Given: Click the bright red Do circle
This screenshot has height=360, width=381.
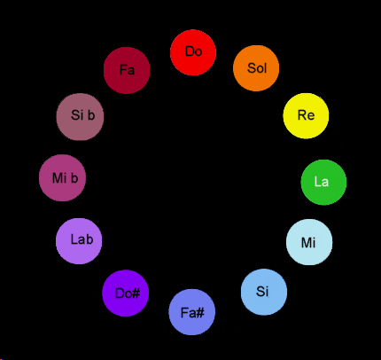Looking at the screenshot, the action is [193, 52].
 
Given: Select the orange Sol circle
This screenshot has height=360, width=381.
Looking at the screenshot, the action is [256, 68].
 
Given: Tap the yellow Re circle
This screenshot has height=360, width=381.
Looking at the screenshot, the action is [306, 116].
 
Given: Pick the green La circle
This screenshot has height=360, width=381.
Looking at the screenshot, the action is [323, 183].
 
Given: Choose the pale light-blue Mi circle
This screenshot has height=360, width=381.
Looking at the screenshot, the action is [309, 242].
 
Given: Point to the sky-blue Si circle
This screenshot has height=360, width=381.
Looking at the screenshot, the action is [264, 292].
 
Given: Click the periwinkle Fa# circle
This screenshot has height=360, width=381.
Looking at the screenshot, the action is [192, 312].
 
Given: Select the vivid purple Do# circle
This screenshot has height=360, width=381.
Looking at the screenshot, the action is [126, 293].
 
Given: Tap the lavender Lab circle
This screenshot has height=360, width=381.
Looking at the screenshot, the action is [79, 241].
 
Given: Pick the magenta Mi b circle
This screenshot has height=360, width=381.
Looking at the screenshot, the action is [62, 178].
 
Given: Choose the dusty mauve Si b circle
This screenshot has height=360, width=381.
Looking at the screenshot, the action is [80, 117].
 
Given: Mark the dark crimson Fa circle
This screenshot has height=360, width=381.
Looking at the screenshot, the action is [127, 70].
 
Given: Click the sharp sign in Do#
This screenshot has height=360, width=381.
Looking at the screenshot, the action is [136, 293].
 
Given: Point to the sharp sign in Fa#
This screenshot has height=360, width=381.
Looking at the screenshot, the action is [199, 313].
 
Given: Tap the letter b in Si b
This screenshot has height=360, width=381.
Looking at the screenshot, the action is [91, 115].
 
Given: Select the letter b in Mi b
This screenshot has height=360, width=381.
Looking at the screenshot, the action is [74, 178].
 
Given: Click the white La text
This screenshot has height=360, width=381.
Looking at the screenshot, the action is [322, 182].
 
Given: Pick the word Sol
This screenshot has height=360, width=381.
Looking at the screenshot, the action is [257, 68].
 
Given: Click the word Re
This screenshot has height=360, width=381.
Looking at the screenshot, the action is [307, 115].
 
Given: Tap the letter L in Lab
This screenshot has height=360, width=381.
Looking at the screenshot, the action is [74, 239].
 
